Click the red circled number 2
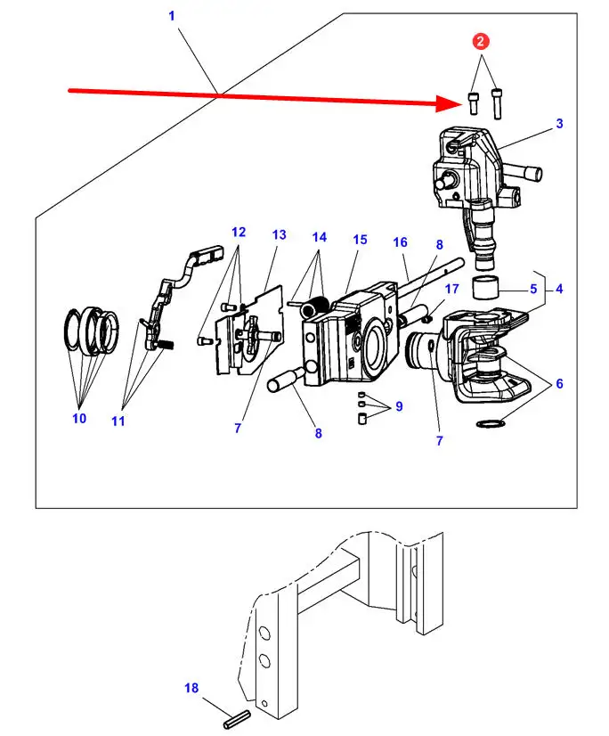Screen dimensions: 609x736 tap(480, 41)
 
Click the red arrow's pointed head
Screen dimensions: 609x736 tap(463, 103)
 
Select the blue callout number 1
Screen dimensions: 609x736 tap(172, 16)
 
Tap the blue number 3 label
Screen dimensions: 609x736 tap(559, 124)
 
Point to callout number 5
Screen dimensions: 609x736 tap(533, 289)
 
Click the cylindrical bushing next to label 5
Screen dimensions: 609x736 tap(485, 287)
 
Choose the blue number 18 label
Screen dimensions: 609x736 tap(191, 688)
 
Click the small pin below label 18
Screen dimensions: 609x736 tap(236, 720)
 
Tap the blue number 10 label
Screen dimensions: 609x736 tap(79, 418)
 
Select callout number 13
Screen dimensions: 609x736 tap(279, 234)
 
